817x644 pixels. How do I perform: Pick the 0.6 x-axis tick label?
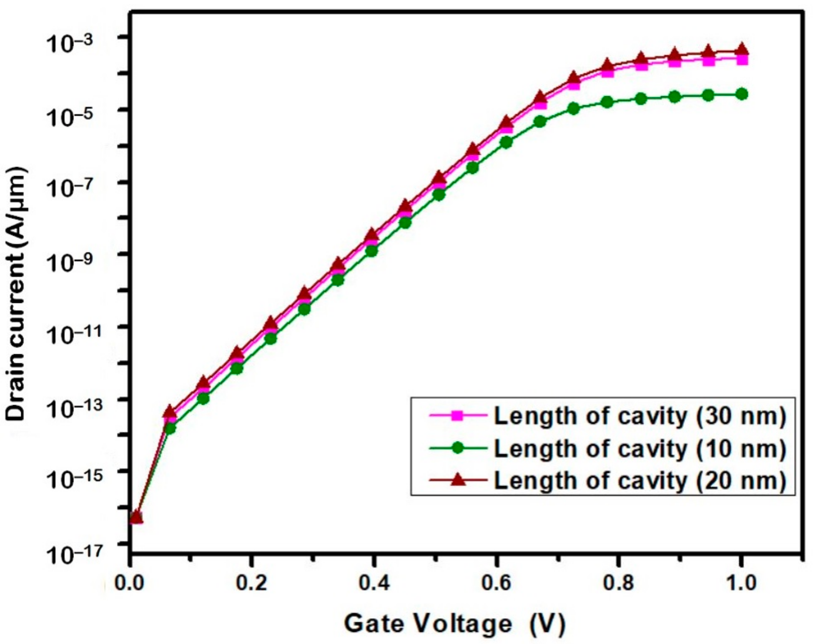point(497,583)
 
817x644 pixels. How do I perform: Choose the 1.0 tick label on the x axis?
point(740,583)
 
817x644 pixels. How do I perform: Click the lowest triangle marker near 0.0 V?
point(136,518)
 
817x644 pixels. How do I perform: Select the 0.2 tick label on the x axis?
point(251,583)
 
